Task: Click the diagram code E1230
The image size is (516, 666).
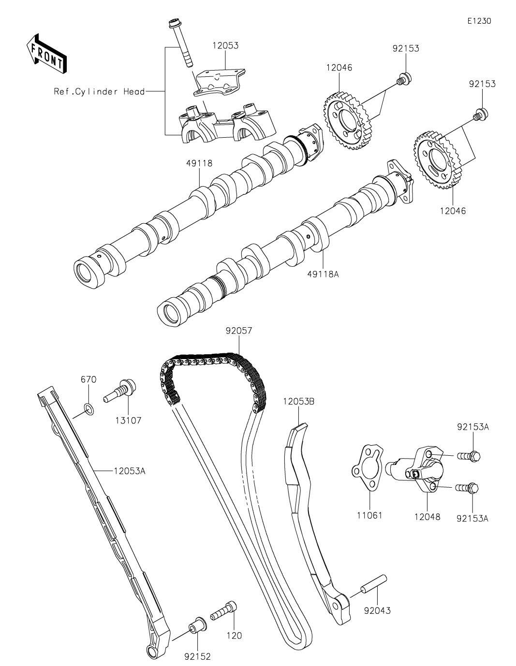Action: [x=479, y=21]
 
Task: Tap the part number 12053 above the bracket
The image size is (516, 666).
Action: [x=226, y=45]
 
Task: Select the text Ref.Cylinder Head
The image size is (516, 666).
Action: [x=99, y=91]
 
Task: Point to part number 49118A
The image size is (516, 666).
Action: [x=323, y=274]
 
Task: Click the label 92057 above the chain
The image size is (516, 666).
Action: [x=238, y=331]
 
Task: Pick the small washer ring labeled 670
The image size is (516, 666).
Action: [x=89, y=408]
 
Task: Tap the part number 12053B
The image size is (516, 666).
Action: [x=299, y=401]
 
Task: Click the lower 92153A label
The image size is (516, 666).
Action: [x=472, y=519]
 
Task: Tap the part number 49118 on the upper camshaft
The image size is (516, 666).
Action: [x=199, y=163]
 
